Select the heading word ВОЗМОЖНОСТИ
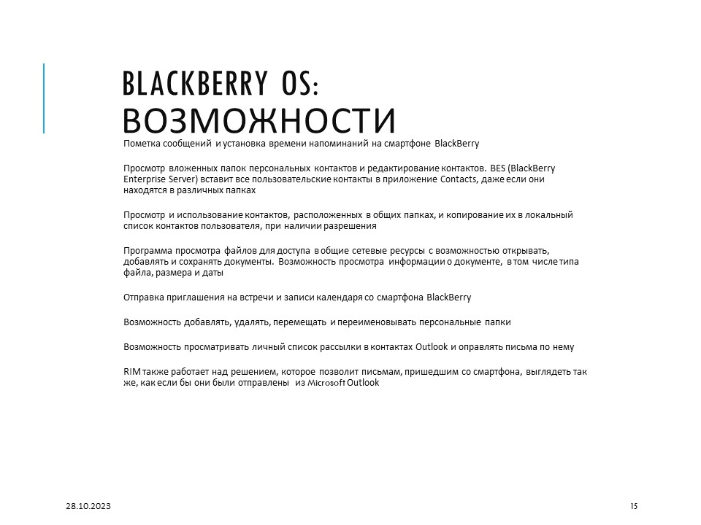coord(259,120)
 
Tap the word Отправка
coord(142,297)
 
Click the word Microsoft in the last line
coord(327,383)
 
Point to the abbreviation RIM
coord(132,372)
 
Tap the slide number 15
coord(633,506)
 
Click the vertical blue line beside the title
coord(44,98)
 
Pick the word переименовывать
coord(391,322)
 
